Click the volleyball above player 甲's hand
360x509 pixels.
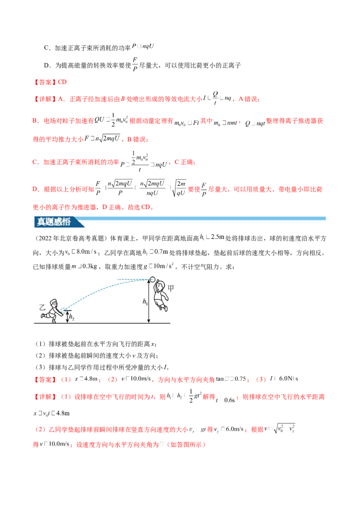pos(152,279)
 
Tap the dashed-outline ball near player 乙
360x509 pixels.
pos(63,309)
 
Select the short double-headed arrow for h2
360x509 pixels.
pos(66,317)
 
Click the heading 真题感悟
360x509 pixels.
pos(53,222)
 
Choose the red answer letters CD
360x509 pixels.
pos(63,82)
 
